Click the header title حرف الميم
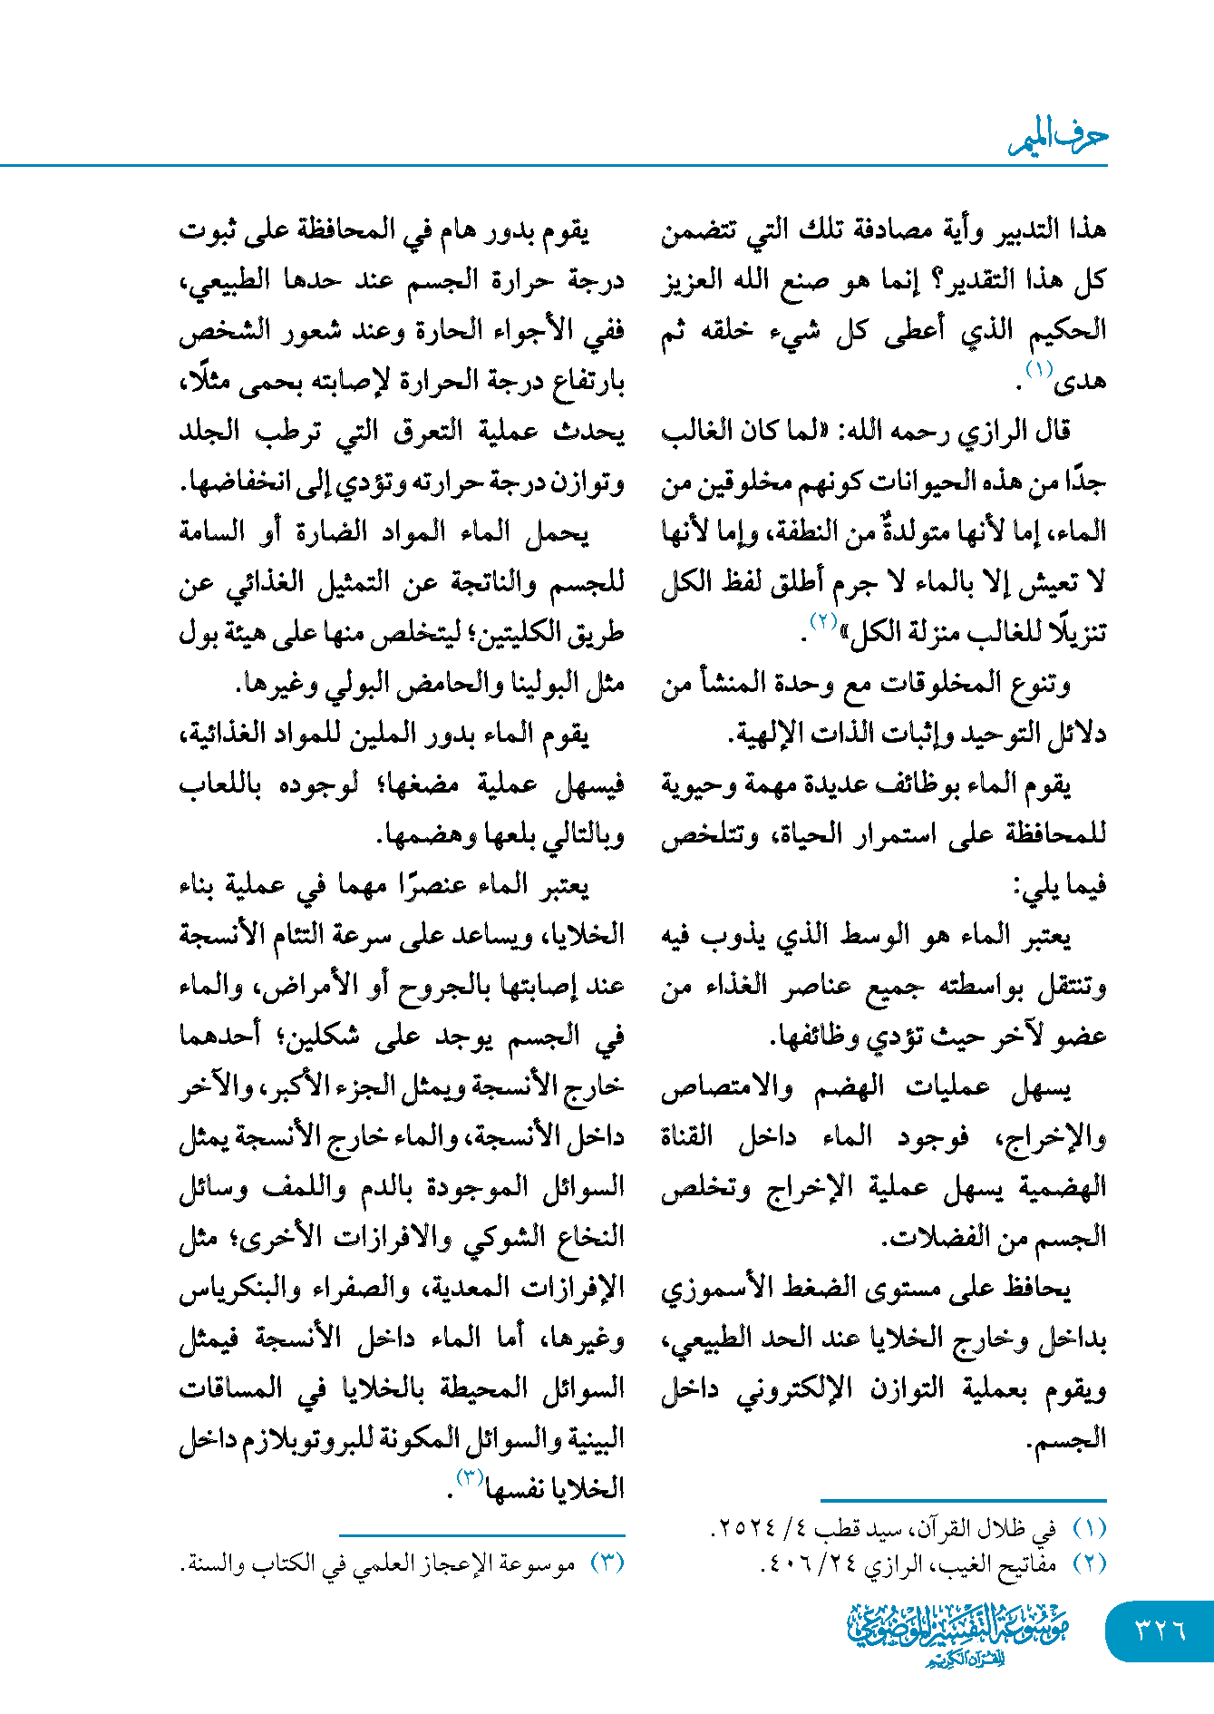[x=1058, y=138]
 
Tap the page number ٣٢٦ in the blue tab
[x=1161, y=1630]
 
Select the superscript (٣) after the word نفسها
[x=470, y=1477]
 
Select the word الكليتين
[x=520, y=632]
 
